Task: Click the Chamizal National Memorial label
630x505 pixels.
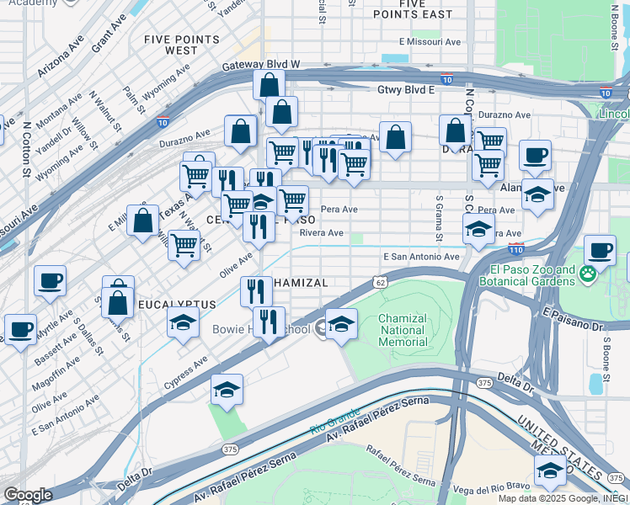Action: pos(403,330)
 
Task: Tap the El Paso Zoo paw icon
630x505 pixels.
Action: pos(588,274)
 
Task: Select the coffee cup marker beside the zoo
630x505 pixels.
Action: pos(600,250)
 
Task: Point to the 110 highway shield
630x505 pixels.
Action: pos(515,250)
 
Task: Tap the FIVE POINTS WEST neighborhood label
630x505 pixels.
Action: pos(170,45)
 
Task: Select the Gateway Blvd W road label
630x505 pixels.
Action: pos(261,65)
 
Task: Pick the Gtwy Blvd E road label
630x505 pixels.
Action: pos(406,88)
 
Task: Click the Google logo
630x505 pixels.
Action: pos(28,495)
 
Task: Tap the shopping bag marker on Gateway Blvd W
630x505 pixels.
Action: pos(269,85)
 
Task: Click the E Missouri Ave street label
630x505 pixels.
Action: pos(430,41)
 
